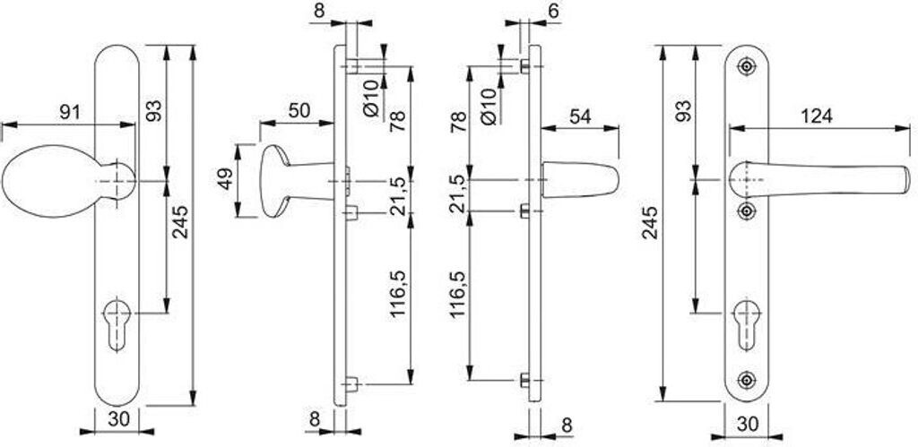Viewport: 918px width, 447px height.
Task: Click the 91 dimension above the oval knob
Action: [70, 112]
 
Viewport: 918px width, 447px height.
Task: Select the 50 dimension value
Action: [299, 110]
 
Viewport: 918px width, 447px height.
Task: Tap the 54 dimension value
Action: [580, 116]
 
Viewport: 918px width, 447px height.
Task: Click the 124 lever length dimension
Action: [817, 116]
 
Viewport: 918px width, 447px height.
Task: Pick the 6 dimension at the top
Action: [554, 10]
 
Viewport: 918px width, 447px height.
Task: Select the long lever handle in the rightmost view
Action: [819, 178]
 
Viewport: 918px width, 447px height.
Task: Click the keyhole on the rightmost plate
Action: [747, 324]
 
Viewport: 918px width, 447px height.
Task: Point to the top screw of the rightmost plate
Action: [746, 65]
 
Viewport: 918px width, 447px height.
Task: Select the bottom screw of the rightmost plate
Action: [746, 381]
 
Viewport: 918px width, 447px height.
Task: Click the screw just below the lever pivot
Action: [746, 211]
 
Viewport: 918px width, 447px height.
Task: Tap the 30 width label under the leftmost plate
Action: [117, 419]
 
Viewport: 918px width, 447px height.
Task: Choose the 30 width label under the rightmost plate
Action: [747, 423]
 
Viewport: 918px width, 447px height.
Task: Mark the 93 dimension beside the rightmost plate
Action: [682, 110]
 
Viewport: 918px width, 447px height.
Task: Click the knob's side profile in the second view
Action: [296, 181]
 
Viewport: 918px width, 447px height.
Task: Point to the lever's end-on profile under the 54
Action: [580, 180]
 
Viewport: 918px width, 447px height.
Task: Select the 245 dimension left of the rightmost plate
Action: [650, 223]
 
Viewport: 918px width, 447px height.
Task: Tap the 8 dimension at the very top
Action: [318, 10]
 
